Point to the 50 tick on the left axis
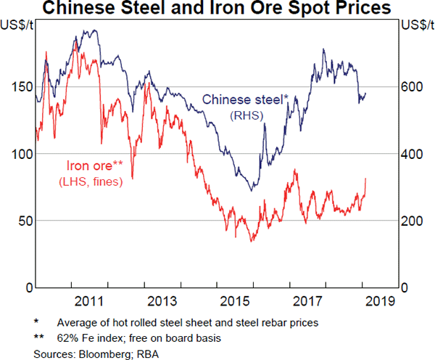click(22, 221)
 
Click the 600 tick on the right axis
click(412, 87)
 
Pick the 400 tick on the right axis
click(412, 154)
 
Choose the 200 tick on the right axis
click(412, 221)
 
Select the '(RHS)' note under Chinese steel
click(245, 115)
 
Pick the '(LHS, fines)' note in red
click(91, 181)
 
